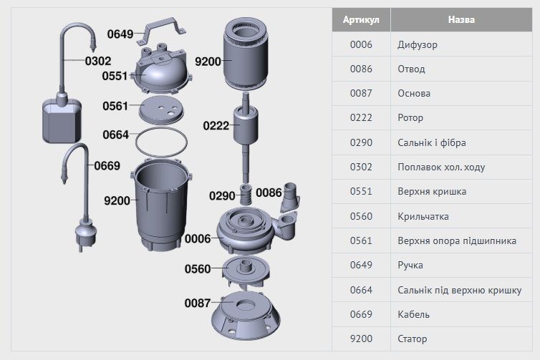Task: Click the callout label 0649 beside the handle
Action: pos(120,34)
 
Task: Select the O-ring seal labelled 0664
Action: pos(162,142)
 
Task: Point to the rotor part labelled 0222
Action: pos(246,137)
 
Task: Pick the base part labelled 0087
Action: pos(246,316)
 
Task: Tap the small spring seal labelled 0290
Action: pos(245,195)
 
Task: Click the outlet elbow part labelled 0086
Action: pos(290,198)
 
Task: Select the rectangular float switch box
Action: pos(62,121)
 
